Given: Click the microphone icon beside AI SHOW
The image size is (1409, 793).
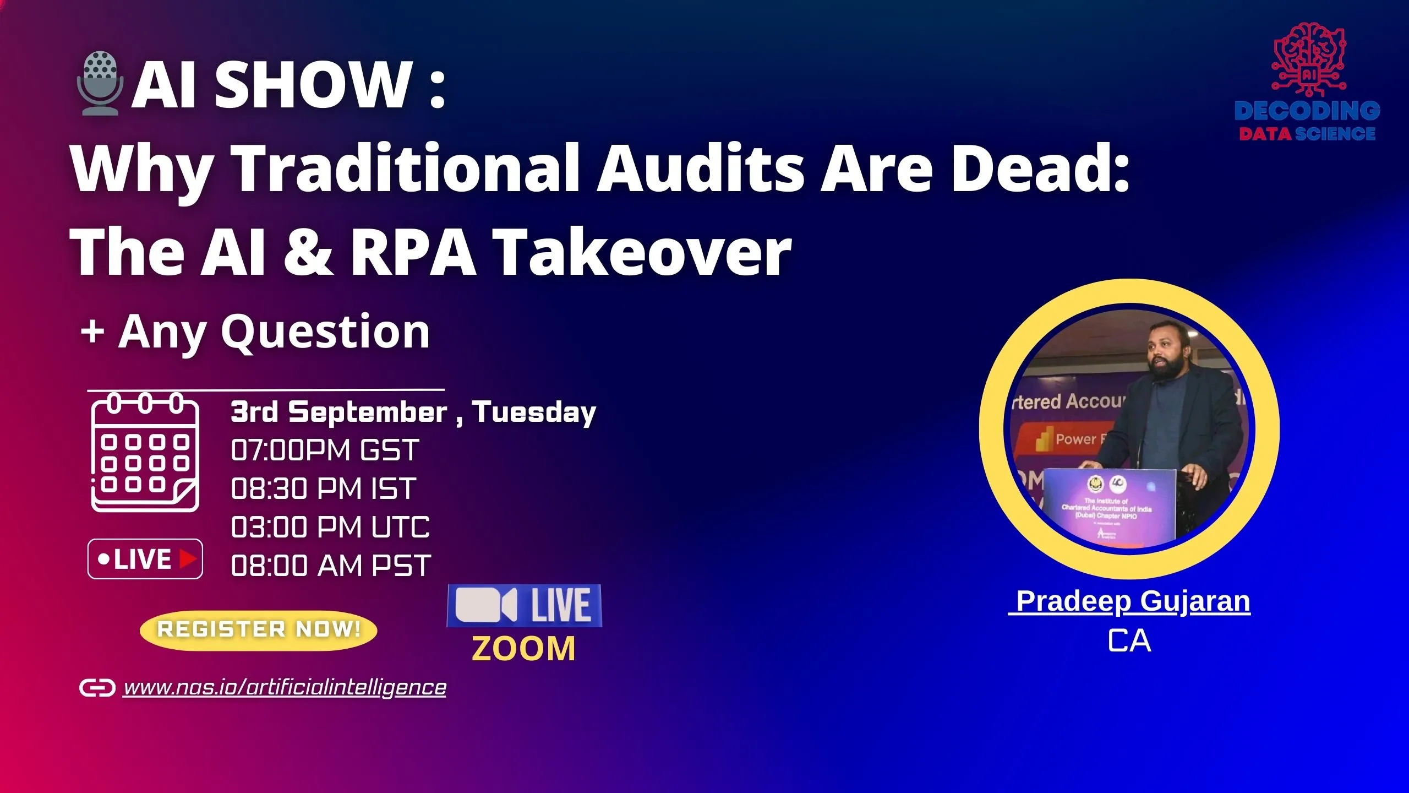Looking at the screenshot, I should click(99, 83).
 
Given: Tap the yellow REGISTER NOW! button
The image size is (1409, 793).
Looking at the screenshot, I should click(258, 630).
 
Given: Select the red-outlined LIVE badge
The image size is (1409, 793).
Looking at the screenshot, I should click(145, 559).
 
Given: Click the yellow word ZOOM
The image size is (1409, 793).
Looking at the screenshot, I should click(523, 648).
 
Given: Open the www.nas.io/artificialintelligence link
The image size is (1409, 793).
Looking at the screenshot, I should click(285, 687).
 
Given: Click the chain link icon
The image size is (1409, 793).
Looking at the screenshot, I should click(97, 688).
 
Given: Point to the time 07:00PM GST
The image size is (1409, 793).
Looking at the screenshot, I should click(325, 450).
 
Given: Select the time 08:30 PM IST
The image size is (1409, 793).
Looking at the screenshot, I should click(324, 488).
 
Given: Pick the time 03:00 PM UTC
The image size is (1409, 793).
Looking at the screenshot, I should click(330, 527).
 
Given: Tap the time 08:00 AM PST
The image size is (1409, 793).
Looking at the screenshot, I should click(331, 566).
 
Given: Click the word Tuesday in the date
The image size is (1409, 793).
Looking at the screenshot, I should click(534, 412).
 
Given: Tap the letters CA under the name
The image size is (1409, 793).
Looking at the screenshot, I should click(1129, 641).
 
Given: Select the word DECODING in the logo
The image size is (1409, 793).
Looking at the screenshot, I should click(1307, 111).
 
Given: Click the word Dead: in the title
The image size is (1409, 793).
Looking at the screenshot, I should click(1040, 168).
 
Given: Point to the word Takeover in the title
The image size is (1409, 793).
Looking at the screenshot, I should click(642, 252).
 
